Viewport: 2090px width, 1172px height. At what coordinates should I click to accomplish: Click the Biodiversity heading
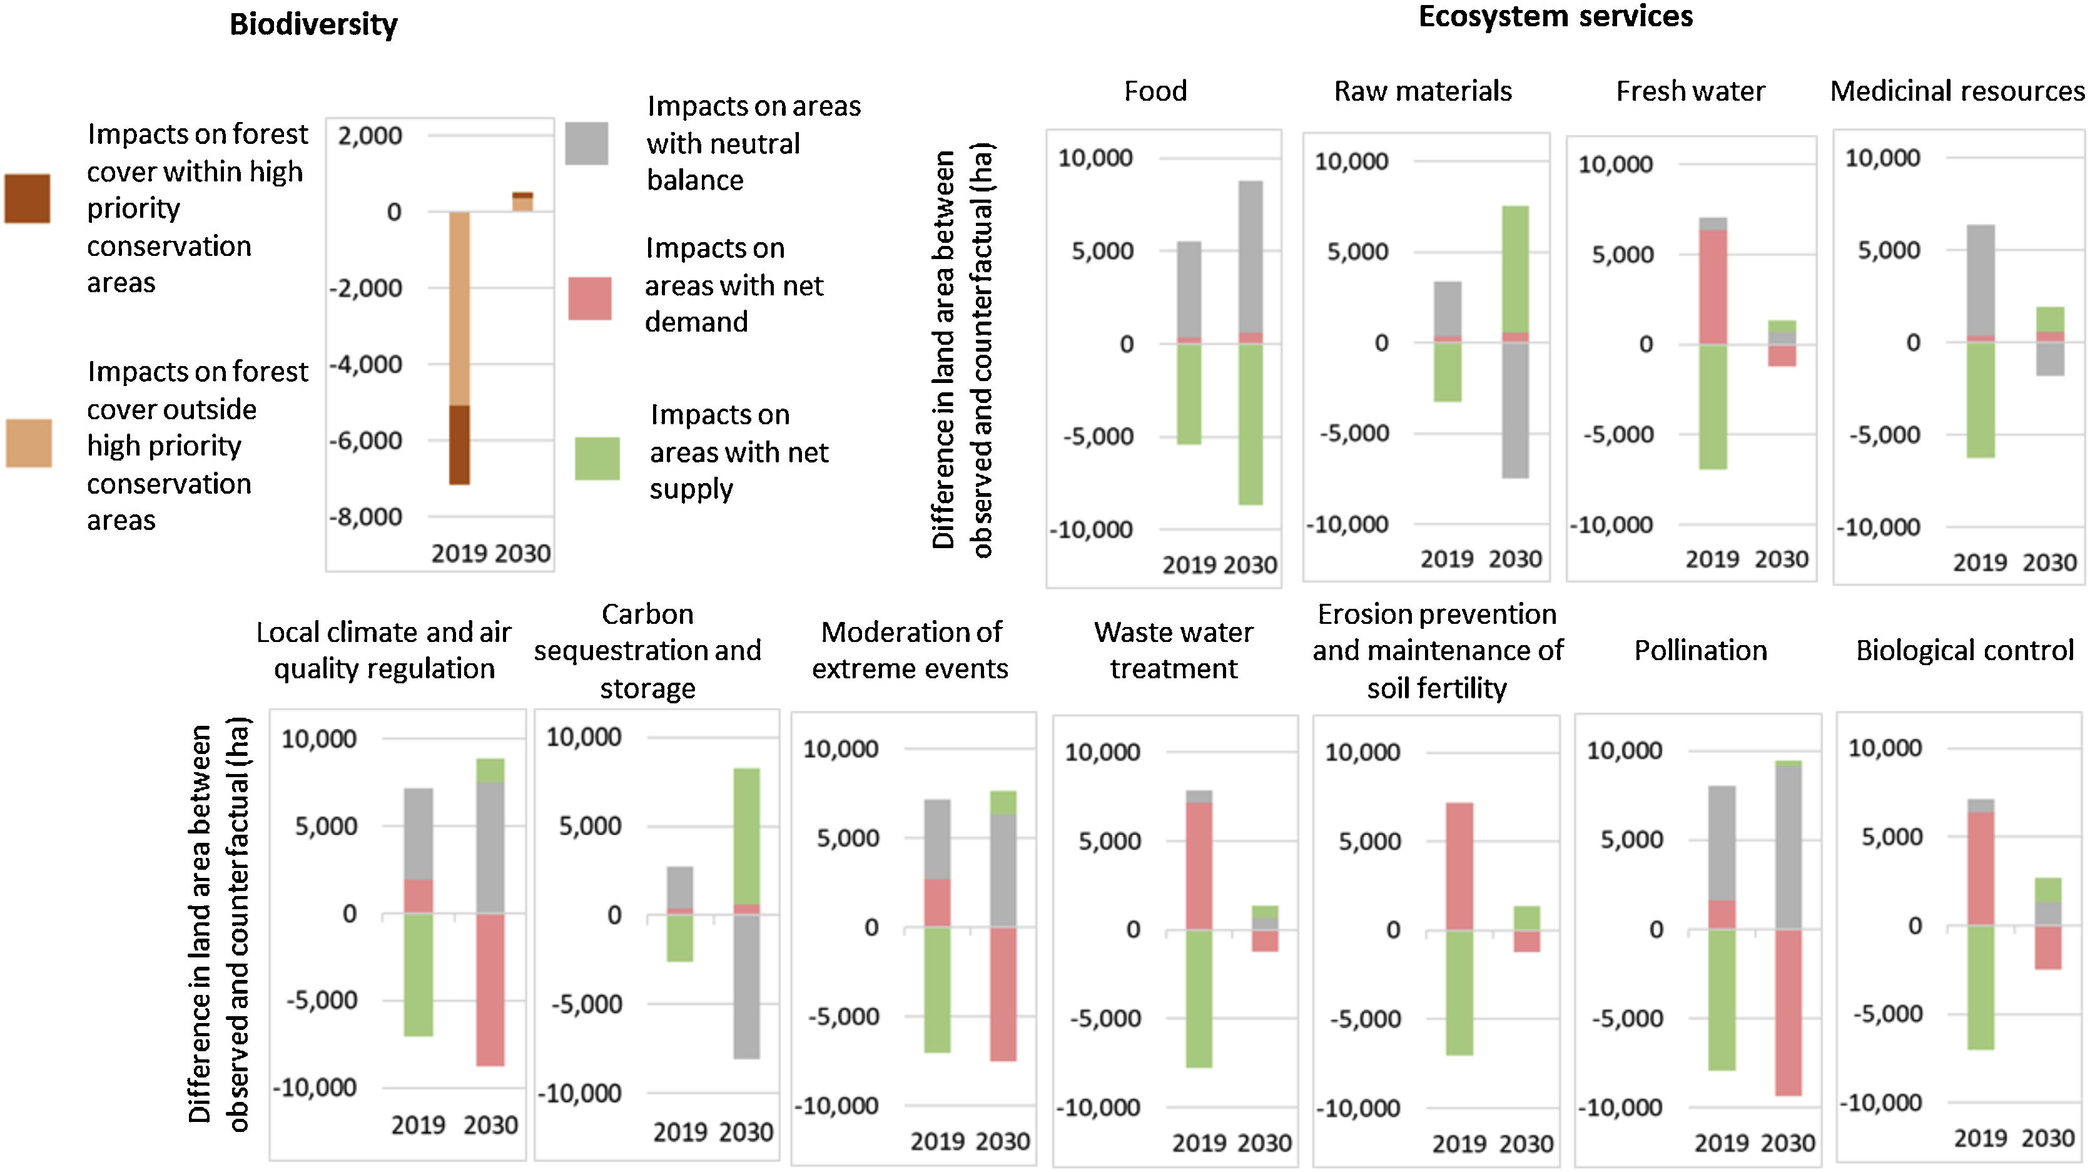(x=313, y=24)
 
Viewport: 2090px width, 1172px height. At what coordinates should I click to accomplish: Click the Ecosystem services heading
(x=1555, y=16)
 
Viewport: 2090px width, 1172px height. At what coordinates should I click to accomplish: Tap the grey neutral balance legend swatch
(x=587, y=144)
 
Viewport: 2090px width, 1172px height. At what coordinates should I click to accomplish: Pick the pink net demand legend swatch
(x=590, y=298)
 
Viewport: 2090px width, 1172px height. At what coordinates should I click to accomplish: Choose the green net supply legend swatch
(x=597, y=459)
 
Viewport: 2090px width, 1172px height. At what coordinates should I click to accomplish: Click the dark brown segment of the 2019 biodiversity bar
(x=459, y=445)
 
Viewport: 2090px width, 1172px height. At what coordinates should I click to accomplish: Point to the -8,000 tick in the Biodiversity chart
(x=365, y=517)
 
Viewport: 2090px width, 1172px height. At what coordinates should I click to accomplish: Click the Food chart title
(x=1155, y=91)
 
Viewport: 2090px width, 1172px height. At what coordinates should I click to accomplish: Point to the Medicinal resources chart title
(x=1957, y=91)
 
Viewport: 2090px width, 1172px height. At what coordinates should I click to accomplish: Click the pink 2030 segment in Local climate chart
(x=490, y=989)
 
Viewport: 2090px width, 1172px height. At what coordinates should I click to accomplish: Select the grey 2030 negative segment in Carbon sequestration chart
(x=746, y=986)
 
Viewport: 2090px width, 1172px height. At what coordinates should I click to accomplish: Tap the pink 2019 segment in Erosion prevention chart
(x=1459, y=866)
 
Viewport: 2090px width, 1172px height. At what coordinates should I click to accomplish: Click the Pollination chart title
(x=1700, y=651)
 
